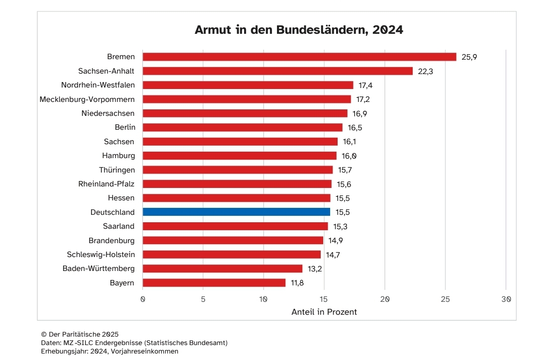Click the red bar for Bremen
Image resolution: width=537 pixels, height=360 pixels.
click(299, 57)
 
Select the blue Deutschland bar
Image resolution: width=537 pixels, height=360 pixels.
click(236, 212)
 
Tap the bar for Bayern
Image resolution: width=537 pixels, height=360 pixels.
click(214, 283)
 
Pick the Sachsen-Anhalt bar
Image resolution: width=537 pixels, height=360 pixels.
click(277, 71)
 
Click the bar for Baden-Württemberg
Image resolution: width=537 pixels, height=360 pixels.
click(222, 269)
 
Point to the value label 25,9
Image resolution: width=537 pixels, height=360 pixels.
click(469, 57)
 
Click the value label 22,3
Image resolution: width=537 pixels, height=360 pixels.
click(425, 71)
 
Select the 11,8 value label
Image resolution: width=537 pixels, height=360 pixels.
click(298, 283)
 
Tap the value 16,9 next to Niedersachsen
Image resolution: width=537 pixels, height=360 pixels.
click(359, 113)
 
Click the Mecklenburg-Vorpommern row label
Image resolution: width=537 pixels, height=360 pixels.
click(87, 99)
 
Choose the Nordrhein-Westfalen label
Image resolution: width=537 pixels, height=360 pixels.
click(98, 85)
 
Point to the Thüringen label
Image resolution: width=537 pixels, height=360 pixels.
click(117, 170)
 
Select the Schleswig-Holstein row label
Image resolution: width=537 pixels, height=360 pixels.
click(101, 255)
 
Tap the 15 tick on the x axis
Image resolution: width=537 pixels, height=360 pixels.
click(324, 299)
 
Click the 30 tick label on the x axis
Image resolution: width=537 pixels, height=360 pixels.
click(506, 299)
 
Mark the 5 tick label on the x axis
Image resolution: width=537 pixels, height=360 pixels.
click(203, 299)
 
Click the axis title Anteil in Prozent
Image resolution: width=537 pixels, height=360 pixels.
click(324, 312)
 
